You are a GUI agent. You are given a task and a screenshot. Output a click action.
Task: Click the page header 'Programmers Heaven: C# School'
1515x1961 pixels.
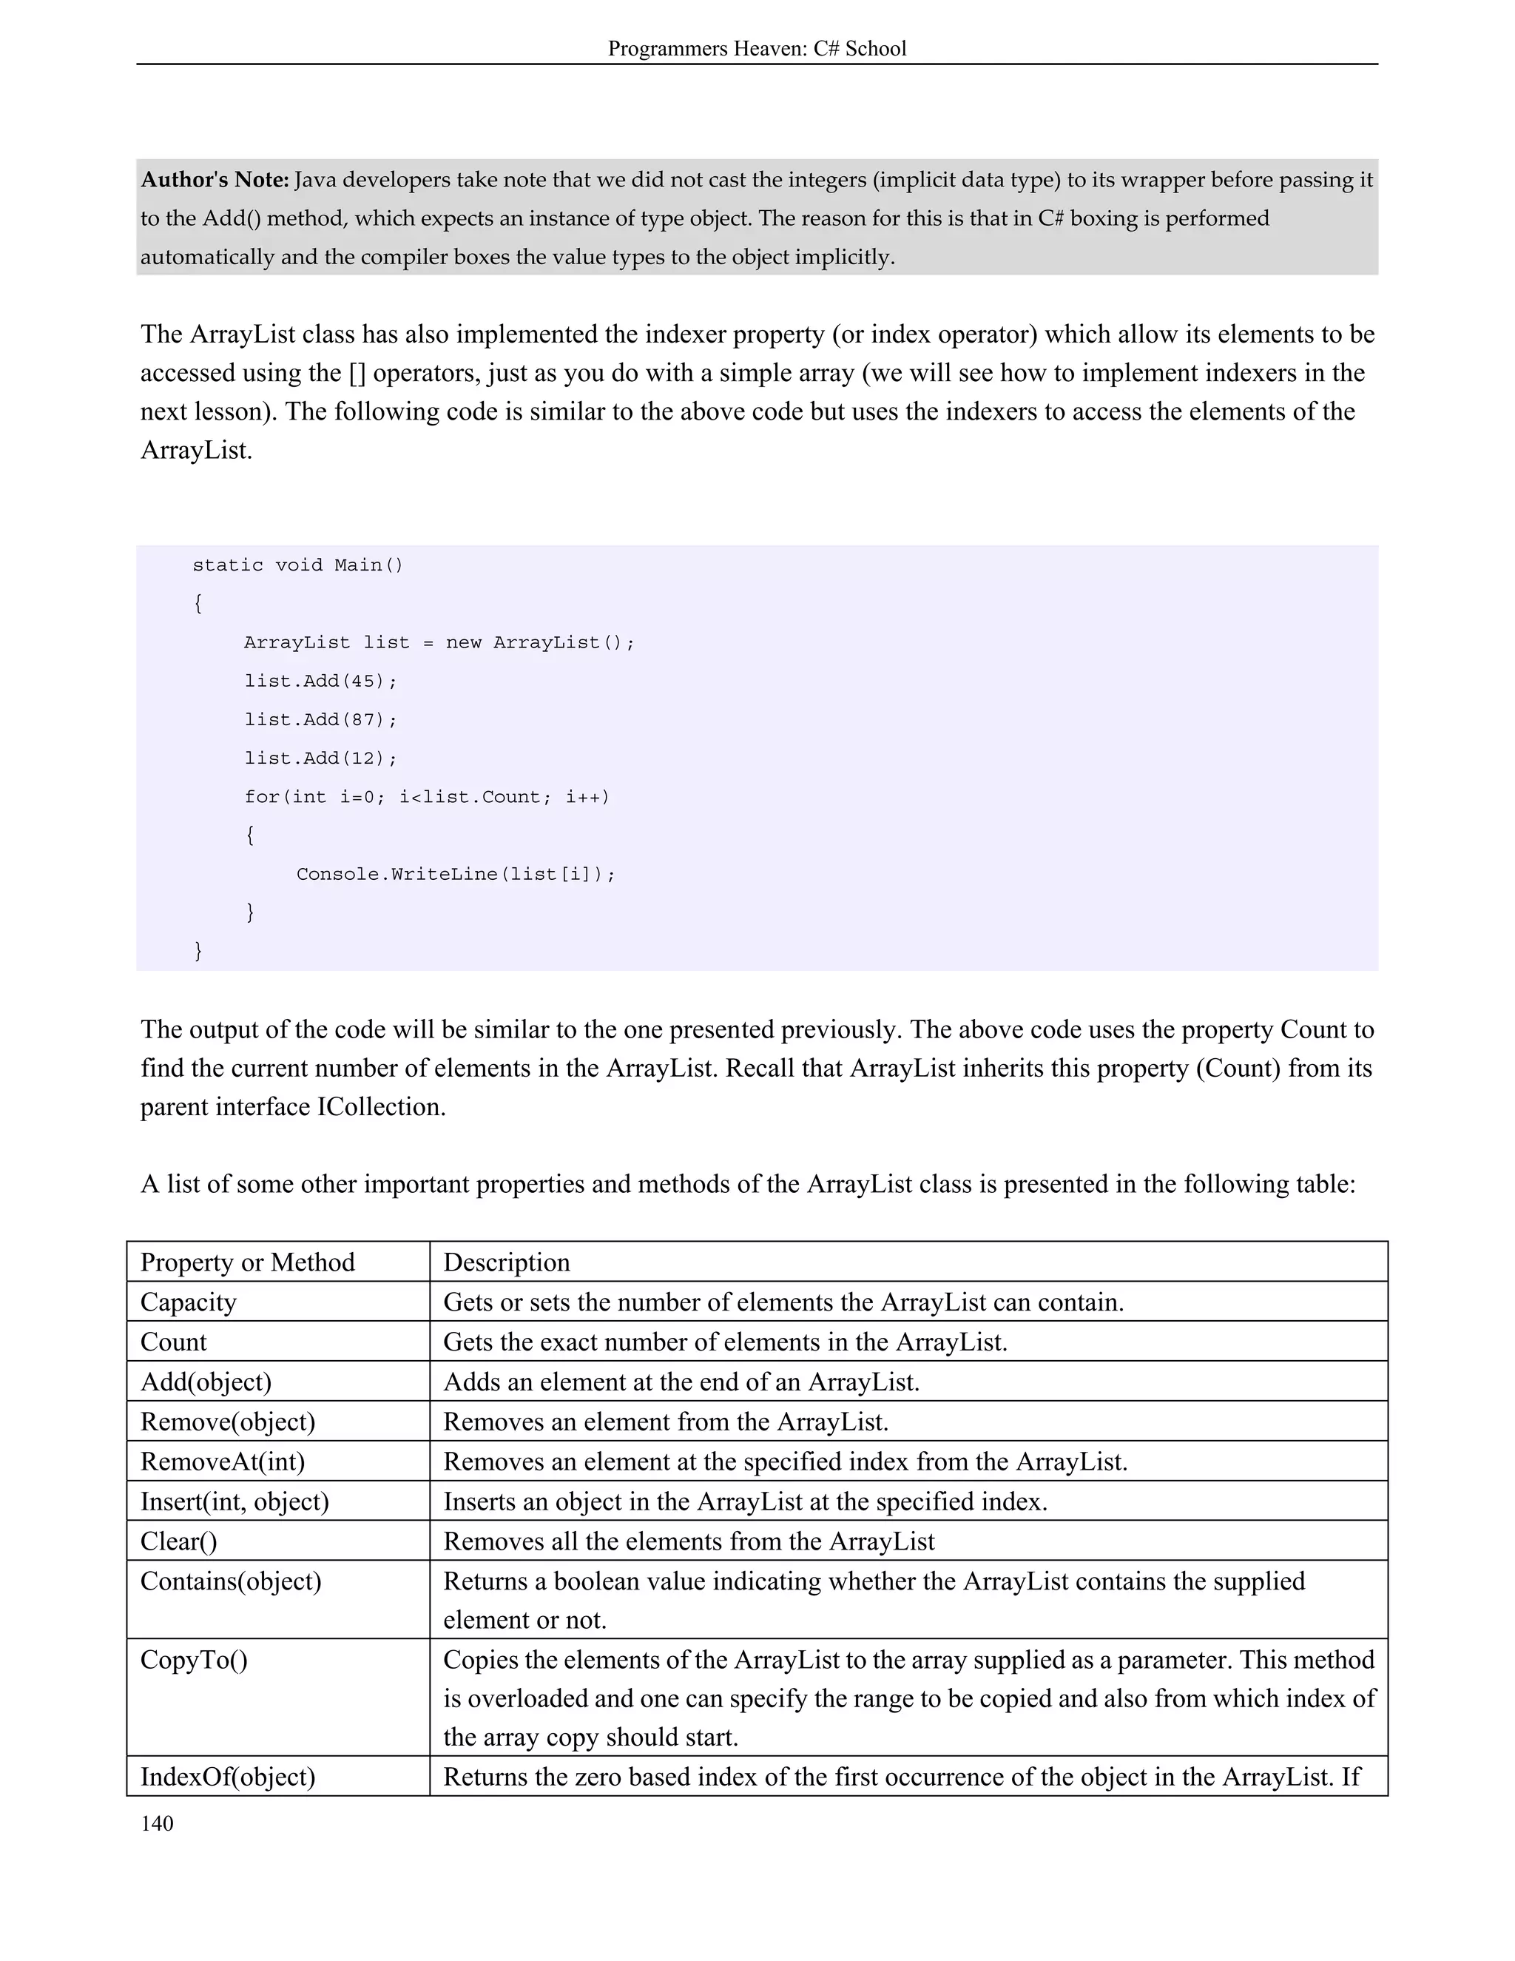coord(757,49)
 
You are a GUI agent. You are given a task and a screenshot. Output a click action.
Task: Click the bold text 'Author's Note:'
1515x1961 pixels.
coord(215,181)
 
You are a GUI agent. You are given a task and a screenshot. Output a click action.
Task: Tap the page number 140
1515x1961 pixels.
coord(157,1823)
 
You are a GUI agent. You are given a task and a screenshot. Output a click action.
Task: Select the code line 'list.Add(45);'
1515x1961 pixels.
coord(320,682)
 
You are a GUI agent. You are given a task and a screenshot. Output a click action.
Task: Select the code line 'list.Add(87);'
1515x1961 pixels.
coord(320,720)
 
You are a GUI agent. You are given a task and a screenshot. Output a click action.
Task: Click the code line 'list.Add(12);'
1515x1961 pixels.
coord(320,758)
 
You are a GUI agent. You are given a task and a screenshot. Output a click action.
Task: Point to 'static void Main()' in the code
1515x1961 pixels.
coord(298,565)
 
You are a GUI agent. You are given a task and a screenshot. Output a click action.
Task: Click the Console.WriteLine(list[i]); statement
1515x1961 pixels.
coord(456,875)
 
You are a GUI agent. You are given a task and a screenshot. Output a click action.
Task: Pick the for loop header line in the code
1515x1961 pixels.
coord(426,797)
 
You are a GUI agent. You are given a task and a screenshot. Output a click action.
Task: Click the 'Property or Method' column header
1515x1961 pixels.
coord(248,1262)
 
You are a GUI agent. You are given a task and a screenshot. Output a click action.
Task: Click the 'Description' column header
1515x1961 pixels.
coord(506,1262)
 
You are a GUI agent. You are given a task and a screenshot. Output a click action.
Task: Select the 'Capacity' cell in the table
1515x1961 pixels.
coord(189,1302)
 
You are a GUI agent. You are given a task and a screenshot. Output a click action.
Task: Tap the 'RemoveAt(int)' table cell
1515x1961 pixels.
coord(223,1461)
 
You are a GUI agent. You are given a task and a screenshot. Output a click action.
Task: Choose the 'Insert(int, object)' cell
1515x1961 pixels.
coord(234,1501)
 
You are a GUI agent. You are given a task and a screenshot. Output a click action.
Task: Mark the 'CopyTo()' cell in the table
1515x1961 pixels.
coord(194,1661)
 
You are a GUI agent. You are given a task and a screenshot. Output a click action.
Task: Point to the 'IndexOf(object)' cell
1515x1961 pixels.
coord(228,1777)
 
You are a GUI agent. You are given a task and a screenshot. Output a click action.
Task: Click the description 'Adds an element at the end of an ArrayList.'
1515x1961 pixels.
coord(681,1382)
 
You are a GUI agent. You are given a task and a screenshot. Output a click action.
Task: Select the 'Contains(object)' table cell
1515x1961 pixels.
coord(231,1581)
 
